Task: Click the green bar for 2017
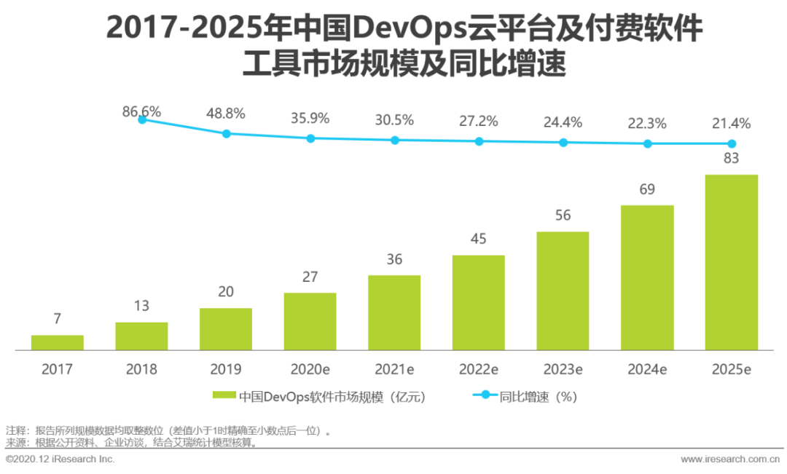[57, 342]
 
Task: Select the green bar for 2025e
[732, 262]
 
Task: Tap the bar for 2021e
[394, 312]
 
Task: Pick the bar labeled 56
[563, 291]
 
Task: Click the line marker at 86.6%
[142, 119]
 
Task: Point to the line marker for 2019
[226, 134]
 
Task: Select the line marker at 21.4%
[732, 144]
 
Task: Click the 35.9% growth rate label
[310, 117]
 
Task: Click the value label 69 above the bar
[647, 189]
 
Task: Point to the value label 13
[141, 306]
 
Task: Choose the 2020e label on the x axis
[310, 369]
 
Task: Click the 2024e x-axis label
[647, 369]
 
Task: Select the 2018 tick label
[141, 369]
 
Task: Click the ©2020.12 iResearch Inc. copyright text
[60, 459]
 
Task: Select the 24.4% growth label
[563, 122]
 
